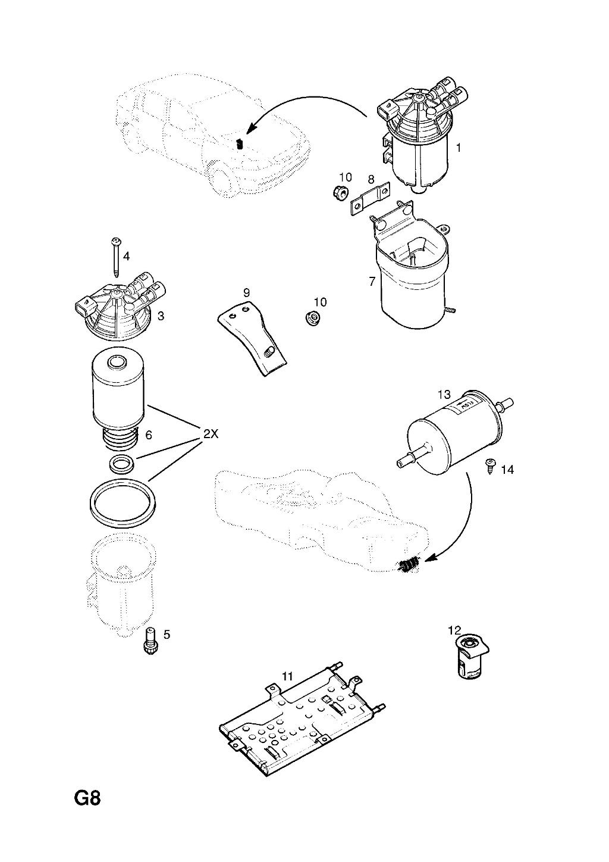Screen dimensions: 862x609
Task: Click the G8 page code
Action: [87, 797]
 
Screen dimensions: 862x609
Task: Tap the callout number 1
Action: [459, 147]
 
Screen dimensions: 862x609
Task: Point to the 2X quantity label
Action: [211, 434]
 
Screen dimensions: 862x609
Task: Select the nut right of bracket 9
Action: [312, 318]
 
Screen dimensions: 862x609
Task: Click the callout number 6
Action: [149, 435]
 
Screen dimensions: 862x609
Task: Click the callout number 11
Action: [288, 676]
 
